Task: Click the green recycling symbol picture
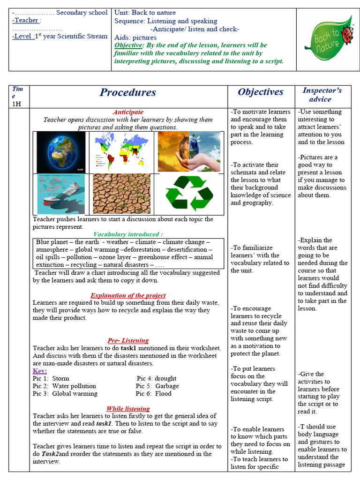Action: (x=189, y=193)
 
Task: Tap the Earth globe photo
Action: (x=61, y=152)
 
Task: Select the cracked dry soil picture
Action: (x=122, y=194)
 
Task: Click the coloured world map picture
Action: (x=121, y=152)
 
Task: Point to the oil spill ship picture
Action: (x=61, y=194)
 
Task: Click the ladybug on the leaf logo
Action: (x=347, y=34)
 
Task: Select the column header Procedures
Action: (x=128, y=92)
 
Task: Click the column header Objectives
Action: (x=260, y=92)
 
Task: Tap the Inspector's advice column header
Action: (x=322, y=95)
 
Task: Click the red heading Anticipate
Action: (x=128, y=112)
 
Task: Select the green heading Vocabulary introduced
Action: (x=128, y=234)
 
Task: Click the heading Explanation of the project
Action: (x=128, y=295)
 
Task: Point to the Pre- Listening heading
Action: (x=128, y=341)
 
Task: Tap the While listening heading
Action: (x=128, y=409)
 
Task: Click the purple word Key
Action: (x=39, y=371)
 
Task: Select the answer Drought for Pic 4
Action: (x=165, y=378)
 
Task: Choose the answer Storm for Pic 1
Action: (x=60, y=378)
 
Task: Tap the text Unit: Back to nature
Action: (x=145, y=13)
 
